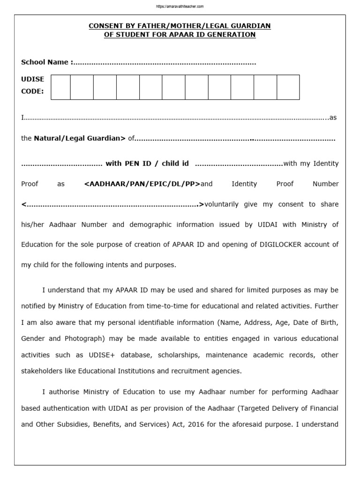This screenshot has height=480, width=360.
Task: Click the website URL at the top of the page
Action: coord(180,7)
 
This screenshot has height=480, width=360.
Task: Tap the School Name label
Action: coord(46,62)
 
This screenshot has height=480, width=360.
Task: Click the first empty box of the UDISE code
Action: coord(60,87)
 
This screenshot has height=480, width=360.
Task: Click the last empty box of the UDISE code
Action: coord(288,87)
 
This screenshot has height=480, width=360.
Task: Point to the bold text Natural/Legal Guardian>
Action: coord(80,138)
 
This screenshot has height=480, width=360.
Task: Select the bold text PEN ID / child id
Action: coord(147,164)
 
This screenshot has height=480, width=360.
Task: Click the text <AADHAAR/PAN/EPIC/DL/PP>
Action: coord(142,184)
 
